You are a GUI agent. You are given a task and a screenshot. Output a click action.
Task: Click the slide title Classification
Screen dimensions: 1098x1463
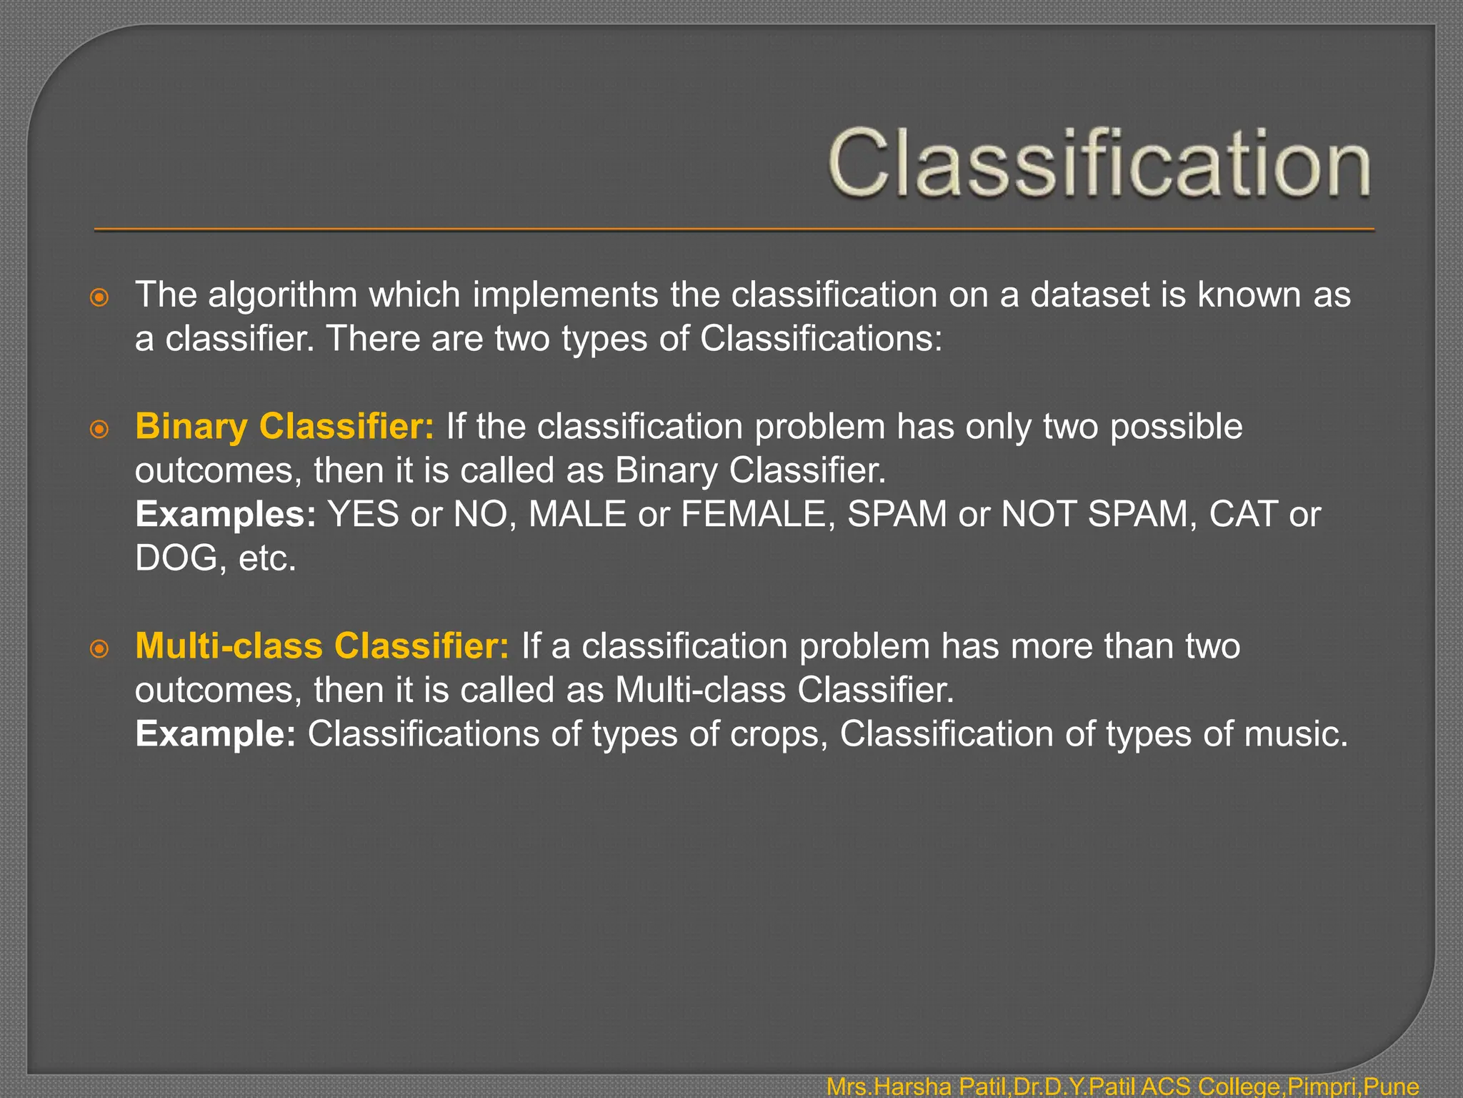click(1099, 163)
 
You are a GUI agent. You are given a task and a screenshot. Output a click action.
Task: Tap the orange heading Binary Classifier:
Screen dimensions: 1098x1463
click(284, 427)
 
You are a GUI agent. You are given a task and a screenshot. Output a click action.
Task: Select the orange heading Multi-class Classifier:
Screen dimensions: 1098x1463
click(322, 646)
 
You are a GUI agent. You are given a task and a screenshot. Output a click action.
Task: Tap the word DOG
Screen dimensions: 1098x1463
click(176, 558)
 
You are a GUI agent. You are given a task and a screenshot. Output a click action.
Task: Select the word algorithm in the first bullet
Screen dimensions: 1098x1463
click(283, 295)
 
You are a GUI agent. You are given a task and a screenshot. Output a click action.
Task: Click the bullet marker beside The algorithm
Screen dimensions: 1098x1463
click(99, 297)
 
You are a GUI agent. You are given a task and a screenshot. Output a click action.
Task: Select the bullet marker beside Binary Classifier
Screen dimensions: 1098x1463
click(99, 429)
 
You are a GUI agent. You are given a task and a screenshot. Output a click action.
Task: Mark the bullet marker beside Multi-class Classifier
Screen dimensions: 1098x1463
click(99, 649)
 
